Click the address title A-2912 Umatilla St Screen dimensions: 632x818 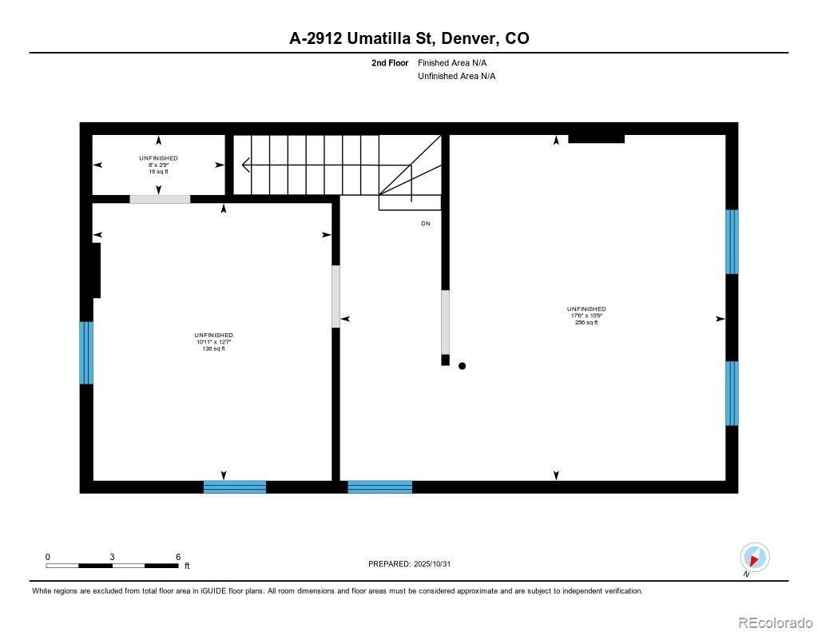tap(408, 38)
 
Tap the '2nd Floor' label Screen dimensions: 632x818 tap(390, 62)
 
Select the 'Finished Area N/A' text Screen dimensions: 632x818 tap(452, 62)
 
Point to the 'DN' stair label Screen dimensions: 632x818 tap(426, 224)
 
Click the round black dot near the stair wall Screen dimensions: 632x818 tap(462, 366)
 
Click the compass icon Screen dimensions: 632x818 tap(754, 557)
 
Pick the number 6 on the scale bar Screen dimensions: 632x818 tap(178, 557)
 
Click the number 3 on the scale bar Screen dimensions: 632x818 tap(113, 557)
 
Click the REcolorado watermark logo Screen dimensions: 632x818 tap(773, 622)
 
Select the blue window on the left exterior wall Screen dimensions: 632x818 tap(86, 352)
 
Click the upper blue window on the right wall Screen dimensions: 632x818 tap(732, 241)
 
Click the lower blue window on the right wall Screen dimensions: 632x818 tap(732, 393)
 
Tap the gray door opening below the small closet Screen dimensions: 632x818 tap(160, 199)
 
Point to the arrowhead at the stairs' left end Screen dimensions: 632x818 tap(245, 165)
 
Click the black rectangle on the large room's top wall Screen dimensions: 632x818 tap(596, 139)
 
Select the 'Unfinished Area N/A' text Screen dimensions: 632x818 tap(457, 76)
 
